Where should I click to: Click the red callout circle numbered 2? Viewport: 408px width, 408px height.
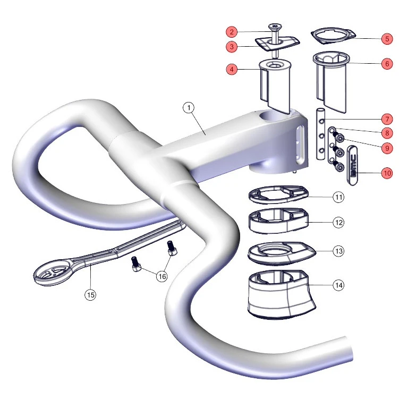[x=232, y=32]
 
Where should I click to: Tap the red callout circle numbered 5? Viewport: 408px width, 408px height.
[x=387, y=39]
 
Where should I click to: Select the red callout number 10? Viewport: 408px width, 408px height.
[x=387, y=173]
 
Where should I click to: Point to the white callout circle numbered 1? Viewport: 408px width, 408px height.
[x=189, y=107]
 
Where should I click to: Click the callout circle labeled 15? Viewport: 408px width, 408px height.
[x=90, y=295]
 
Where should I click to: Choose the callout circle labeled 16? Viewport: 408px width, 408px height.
[x=162, y=276]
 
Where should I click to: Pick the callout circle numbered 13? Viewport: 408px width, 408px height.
[x=338, y=251]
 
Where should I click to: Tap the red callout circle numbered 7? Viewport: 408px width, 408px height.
[x=387, y=119]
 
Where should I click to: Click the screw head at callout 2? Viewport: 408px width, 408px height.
[x=275, y=27]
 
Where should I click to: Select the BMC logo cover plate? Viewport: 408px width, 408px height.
[x=352, y=166]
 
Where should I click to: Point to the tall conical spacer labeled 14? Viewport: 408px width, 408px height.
[x=281, y=294]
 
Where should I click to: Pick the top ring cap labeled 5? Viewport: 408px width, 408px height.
[x=334, y=36]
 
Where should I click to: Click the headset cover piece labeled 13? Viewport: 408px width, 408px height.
[x=282, y=253]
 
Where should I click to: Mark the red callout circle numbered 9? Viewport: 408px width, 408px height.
[x=387, y=148]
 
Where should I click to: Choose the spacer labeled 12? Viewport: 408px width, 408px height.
[x=278, y=220]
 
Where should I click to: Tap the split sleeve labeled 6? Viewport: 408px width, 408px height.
[x=331, y=82]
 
